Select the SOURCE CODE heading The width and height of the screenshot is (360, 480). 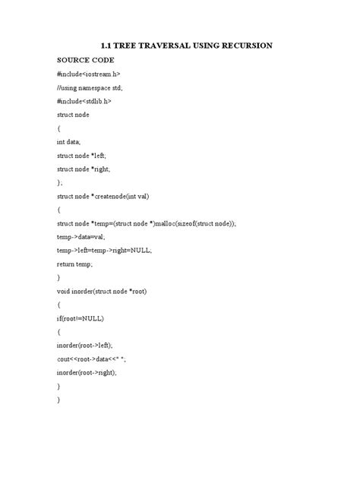point(85,59)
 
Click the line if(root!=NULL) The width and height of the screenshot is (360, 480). point(81,318)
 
